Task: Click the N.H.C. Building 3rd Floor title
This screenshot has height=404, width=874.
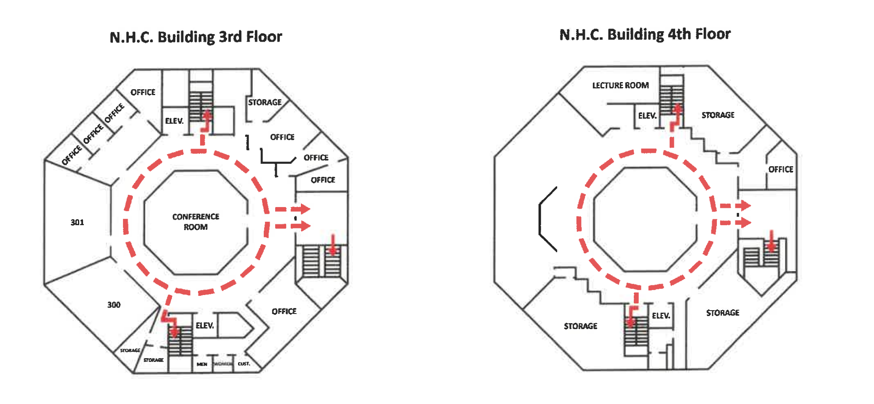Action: (196, 37)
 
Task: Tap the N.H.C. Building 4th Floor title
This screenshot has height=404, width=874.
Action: (645, 35)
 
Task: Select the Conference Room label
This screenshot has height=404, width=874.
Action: (196, 222)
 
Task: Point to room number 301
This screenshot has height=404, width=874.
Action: (77, 222)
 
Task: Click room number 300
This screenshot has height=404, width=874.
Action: (114, 305)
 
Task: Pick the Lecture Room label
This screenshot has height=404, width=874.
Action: (620, 85)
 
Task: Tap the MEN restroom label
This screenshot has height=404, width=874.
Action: (202, 364)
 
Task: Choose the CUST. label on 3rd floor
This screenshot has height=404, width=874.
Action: (244, 364)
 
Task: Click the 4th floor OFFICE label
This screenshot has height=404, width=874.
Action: (780, 169)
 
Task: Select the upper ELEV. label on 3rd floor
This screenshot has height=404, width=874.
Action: (174, 121)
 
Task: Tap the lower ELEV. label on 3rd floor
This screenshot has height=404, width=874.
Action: (205, 325)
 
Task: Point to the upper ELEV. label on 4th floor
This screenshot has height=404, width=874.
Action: (647, 115)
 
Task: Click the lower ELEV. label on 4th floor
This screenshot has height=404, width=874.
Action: (661, 316)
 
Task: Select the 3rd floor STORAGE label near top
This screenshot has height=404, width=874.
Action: (265, 102)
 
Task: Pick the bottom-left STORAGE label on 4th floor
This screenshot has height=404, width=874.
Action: (580, 326)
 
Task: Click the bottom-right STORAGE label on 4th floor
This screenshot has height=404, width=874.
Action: (722, 313)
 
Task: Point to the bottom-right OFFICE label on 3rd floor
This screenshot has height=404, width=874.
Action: (284, 311)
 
